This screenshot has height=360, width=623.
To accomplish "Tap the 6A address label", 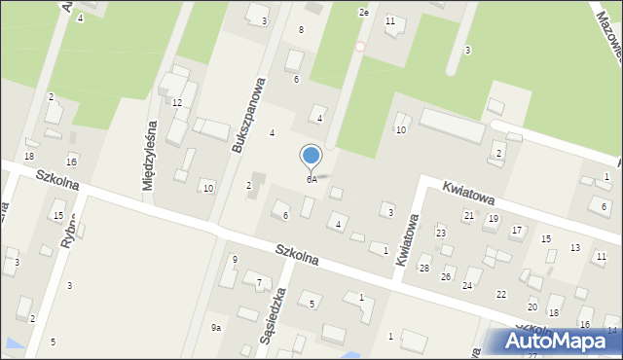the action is pos(311,180).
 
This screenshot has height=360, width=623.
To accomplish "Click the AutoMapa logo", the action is pos(554,342).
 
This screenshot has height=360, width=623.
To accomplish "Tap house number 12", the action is pos(177,102).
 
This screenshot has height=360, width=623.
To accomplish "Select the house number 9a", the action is pos(216,328).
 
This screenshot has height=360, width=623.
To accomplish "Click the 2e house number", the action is pos(364,13).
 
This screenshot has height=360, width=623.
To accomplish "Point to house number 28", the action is pos(423,268).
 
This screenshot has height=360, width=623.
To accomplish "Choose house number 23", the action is pos(440,234).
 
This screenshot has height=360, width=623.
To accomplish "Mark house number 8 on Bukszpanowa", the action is pos(301,30).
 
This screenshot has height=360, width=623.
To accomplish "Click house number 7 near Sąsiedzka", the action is pos(258,283).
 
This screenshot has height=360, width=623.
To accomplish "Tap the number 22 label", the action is pos(500,294).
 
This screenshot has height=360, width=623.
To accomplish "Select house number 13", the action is pos(574,248).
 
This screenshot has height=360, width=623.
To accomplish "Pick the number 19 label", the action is pos(493,219).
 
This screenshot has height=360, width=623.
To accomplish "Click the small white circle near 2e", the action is pos(359,46).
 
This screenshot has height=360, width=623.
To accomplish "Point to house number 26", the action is pos(446,277).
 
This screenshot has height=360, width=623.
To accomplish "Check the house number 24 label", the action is pos(467,285).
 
